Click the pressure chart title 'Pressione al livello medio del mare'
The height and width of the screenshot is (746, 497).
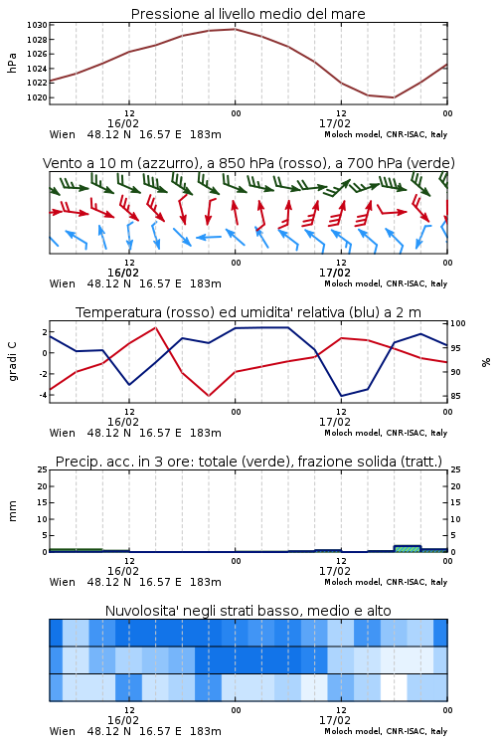[x=248, y=14]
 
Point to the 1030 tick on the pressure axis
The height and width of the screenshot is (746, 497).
[x=37, y=25]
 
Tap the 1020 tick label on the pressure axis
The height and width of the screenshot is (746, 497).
[x=37, y=97]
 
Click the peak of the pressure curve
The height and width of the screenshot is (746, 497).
[x=235, y=29]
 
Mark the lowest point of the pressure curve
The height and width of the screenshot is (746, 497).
[x=394, y=97]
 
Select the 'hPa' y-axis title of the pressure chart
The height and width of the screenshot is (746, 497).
[x=12, y=63]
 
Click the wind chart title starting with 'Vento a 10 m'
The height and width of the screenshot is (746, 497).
[x=248, y=163]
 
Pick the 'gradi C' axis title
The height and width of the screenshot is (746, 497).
[x=13, y=362]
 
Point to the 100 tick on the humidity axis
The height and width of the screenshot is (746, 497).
[x=458, y=323]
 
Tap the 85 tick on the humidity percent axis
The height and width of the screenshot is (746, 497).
[x=455, y=396]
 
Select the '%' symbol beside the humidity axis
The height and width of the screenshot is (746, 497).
[x=486, y=362]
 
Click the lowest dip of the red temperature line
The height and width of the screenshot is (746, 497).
[x=209, y=396]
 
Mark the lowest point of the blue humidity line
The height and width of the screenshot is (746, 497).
[x=341, y=396]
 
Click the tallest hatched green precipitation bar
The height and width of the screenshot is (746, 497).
[x=408, y=549]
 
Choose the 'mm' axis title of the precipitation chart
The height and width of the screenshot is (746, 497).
[x=13, y=511]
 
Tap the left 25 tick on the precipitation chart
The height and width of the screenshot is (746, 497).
[x=43, y=469]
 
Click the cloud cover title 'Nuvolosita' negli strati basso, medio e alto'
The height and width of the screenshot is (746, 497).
[x=248, y=611]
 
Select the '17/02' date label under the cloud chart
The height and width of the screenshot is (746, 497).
[x=335, y=720]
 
